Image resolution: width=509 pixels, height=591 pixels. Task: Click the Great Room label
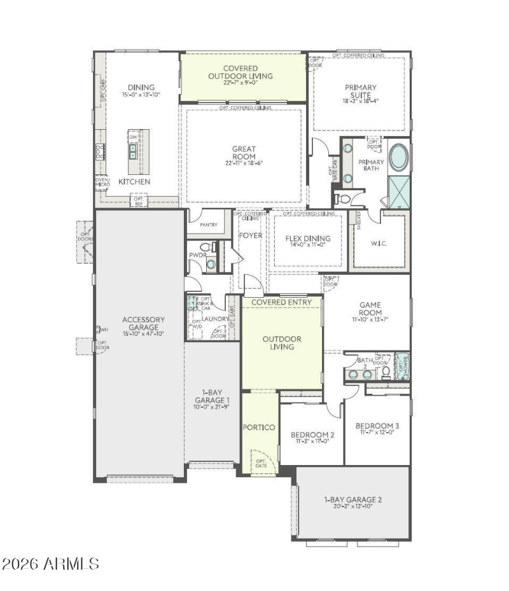point(244,153)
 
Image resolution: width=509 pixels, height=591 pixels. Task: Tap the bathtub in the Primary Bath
point(398,157)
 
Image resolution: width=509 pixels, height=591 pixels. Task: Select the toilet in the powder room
point(206,247)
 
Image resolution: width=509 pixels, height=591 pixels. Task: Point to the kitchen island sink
point(134,151)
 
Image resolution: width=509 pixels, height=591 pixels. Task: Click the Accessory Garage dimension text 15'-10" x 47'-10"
point(144,333)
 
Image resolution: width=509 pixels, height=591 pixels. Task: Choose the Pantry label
point(208,225)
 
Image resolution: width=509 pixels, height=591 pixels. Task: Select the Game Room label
point(370,309)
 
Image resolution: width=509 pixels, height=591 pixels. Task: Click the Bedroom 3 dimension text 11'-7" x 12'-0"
point(377,433)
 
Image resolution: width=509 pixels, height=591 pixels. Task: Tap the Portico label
point(260,427)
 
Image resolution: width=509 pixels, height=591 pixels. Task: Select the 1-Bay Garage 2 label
point(352,499)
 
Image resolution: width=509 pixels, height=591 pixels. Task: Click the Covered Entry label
point(282,302)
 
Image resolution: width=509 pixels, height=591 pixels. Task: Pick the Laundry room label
point(215,319)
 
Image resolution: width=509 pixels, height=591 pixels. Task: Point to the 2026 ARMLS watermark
point(51,564)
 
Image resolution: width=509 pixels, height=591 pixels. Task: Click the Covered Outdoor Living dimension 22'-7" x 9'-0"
point(241,83)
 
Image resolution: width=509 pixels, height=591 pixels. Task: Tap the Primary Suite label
point(361,92)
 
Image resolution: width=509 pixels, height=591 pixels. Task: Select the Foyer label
point(250,235)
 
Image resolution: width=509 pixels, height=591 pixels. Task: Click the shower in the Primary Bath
point(399,191)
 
